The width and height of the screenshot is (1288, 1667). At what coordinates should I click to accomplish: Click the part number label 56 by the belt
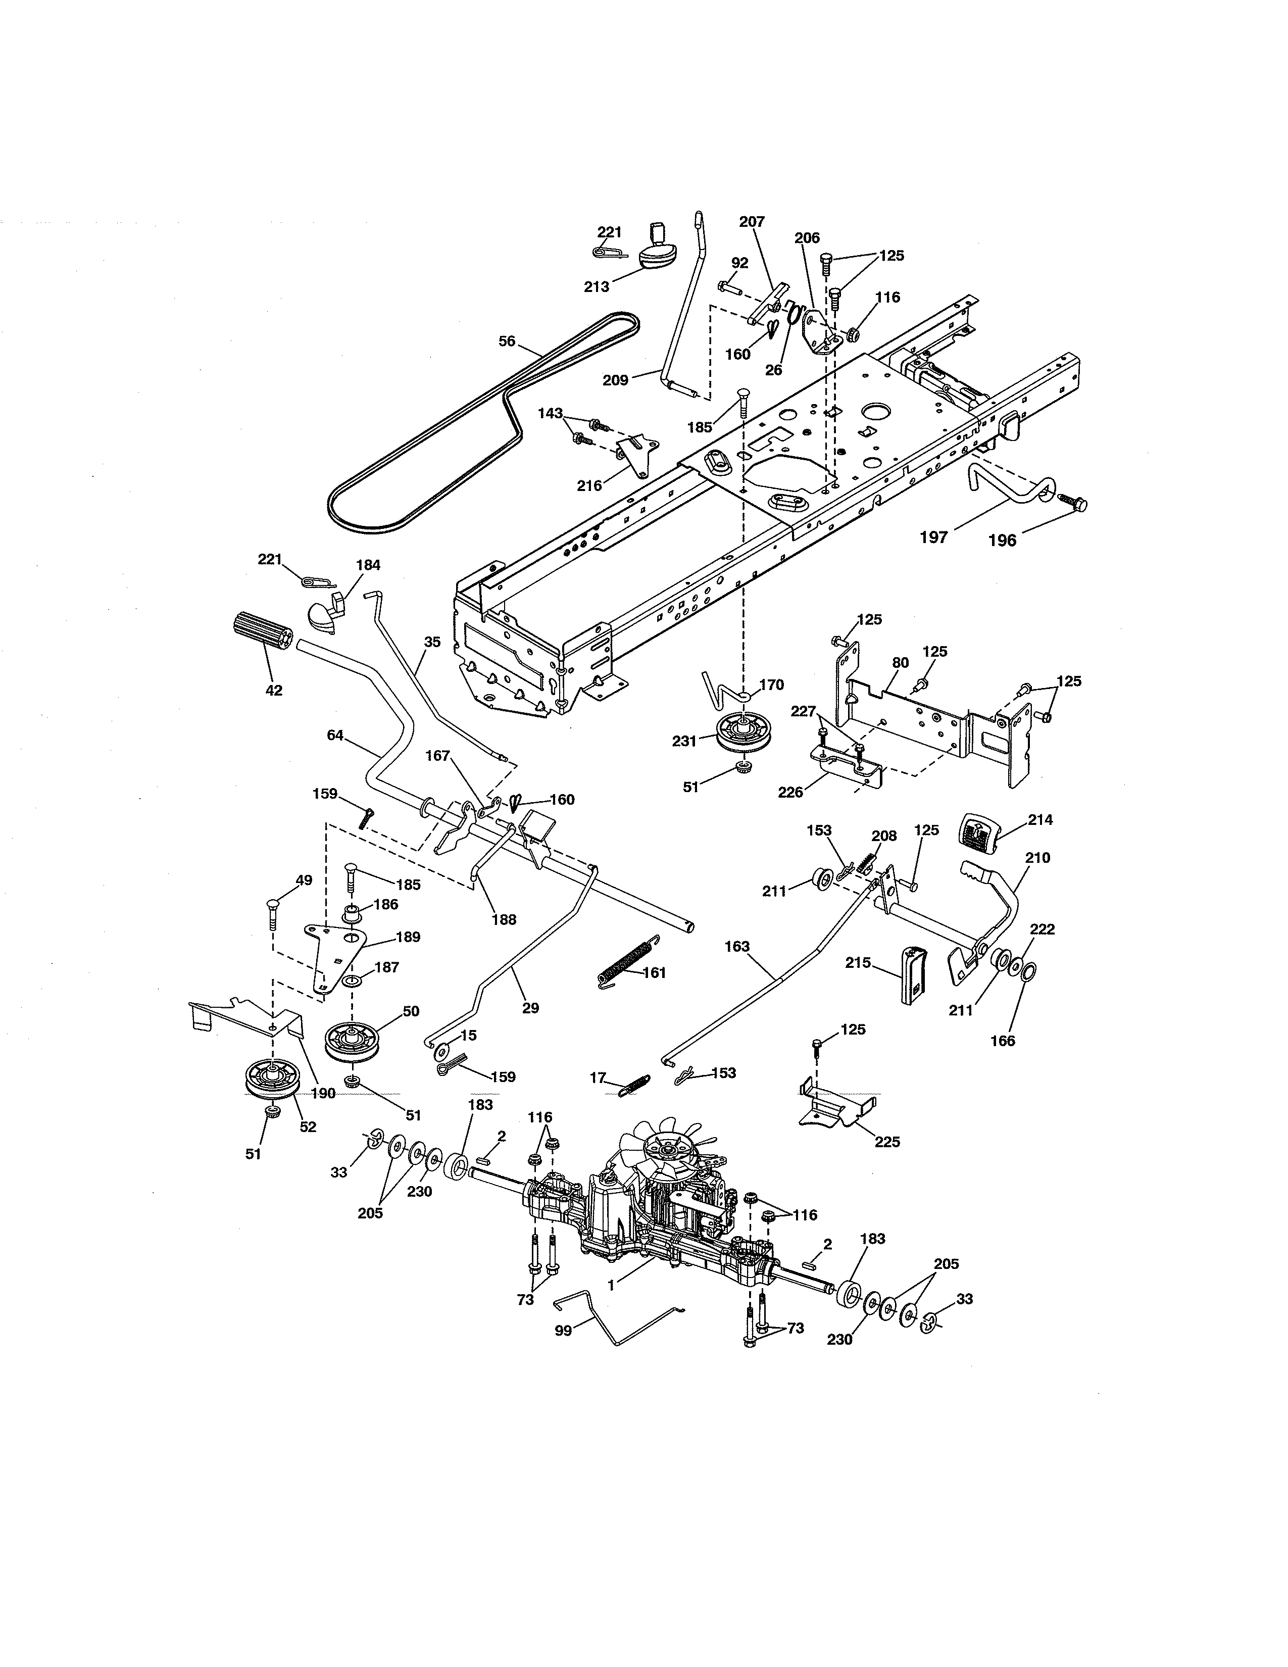pyautogui.click(x=507, y=341)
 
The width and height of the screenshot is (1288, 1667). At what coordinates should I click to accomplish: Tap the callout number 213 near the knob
pyautogui.click(x=597, y=287)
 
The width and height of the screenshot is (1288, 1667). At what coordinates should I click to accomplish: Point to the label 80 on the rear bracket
pyautogui.click(x=901, y=663)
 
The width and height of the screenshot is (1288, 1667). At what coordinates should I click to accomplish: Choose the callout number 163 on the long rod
pyautogui.click(x=737, y=947)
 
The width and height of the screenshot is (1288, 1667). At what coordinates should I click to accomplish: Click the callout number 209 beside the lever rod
pyautogui.click(x=615, y=379)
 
